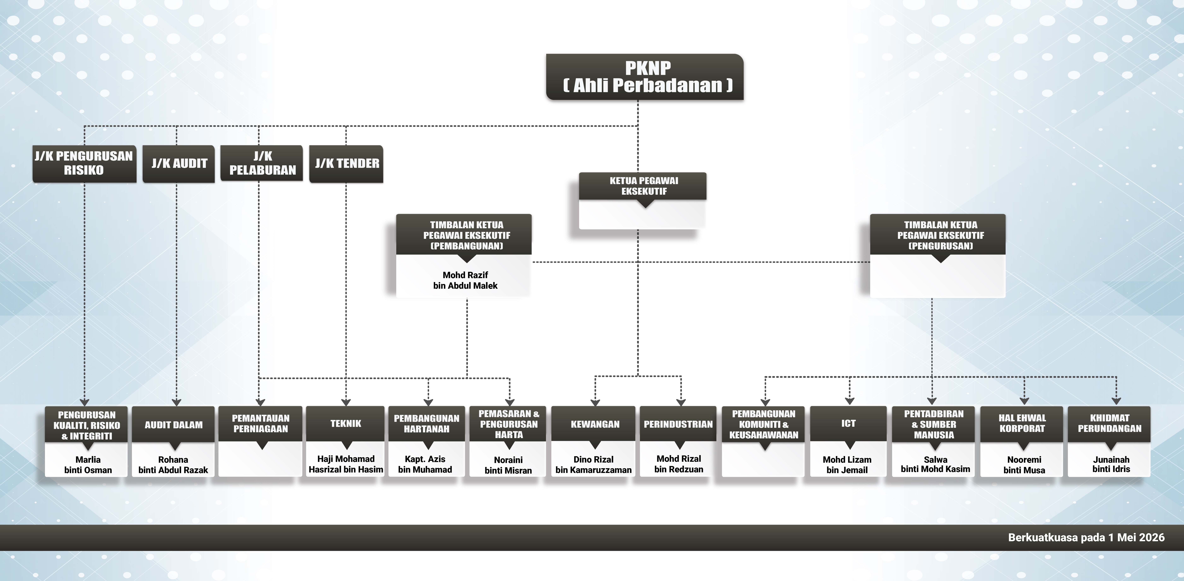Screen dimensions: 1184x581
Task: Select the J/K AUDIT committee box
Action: pos(179,164)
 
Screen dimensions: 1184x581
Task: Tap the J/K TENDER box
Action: pos(346,164)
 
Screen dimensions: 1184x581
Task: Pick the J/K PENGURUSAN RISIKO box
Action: pos(84,164)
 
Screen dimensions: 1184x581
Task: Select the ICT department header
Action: pos(848,423)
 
